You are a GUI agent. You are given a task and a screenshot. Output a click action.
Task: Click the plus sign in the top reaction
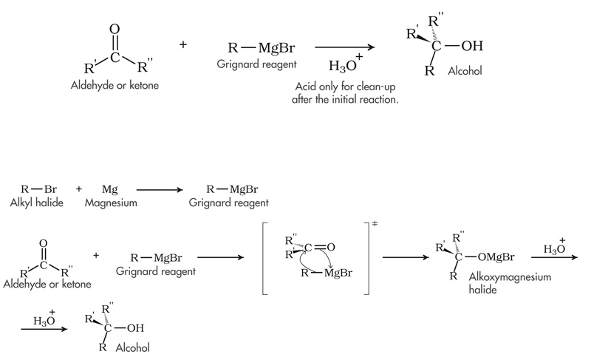tap(183, 45)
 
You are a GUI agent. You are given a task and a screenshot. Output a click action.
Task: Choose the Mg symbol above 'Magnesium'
tap(110, 189)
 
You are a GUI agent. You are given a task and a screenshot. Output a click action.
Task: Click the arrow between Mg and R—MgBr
tap(158, 190)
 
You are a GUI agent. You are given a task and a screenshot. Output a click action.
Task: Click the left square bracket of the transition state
tap(259, 257)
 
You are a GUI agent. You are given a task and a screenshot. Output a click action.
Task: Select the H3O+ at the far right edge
tap(555, 248)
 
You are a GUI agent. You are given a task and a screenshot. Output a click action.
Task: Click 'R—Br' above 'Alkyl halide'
tap(35, 189)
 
